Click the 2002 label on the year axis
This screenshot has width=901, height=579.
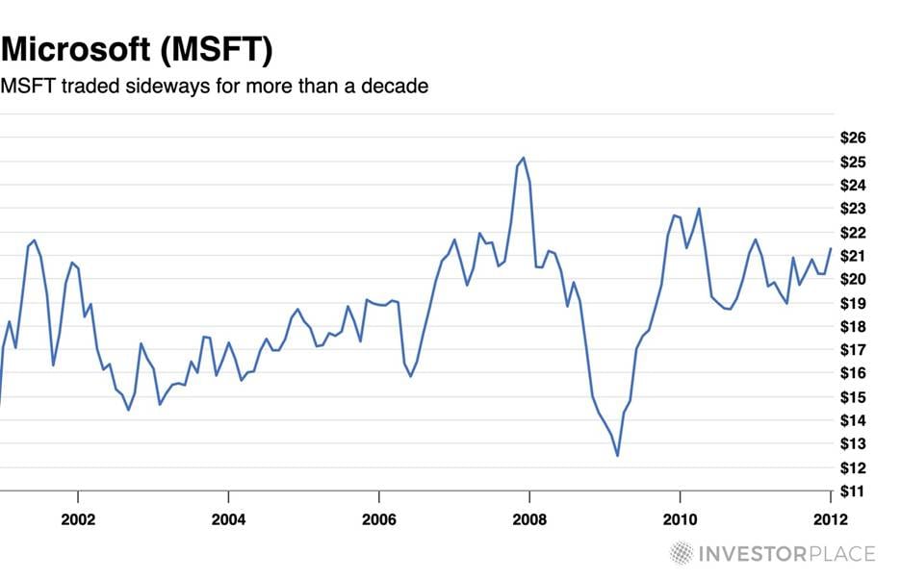pos(77,520)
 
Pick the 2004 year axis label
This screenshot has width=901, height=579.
pos(228,520)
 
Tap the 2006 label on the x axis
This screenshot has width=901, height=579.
pos(379,520)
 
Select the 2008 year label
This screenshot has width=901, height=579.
pos(529,520)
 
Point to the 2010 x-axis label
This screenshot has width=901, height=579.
pos(680,520)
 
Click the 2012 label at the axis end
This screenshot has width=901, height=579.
pos(829,520)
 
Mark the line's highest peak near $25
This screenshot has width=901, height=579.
pos(523,158)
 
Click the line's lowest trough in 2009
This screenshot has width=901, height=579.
pos(617,456)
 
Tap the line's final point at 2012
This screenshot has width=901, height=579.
pos(830,249)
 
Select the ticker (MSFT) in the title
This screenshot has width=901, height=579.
pos(221,48)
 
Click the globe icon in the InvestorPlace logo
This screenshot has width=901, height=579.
pos(682,553)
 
